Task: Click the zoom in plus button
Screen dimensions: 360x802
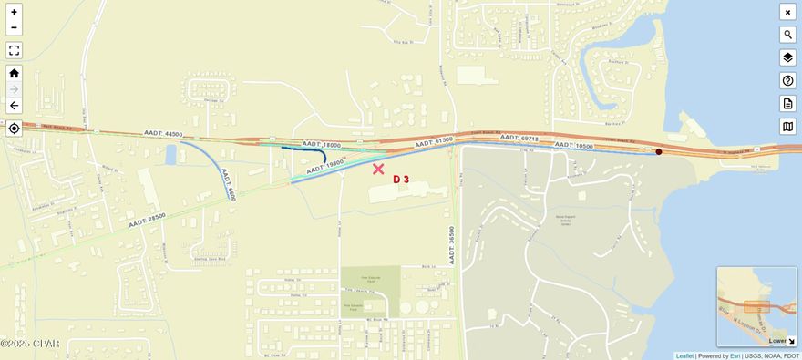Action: coord(14,12)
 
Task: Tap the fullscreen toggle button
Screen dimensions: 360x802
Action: coord(14,50)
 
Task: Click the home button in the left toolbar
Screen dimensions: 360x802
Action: coord(14,73)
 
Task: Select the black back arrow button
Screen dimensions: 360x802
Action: coord(14,106)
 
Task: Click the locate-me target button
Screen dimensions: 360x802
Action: coord(14,129)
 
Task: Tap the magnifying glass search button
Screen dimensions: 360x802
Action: coord(787,35)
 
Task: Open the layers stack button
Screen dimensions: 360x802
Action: coord(787,57)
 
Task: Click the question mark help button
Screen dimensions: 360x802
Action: coord(787,80)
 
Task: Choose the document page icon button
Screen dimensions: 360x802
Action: coord(787,103)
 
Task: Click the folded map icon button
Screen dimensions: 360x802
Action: coord(787,126)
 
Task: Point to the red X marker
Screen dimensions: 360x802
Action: coord(378,169)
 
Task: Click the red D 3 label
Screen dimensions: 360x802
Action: coord(401,180)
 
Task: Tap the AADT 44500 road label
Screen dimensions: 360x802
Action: coord(163,133)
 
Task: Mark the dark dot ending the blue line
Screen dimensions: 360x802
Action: coord(659,151)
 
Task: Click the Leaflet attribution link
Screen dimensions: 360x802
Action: coord(684,355)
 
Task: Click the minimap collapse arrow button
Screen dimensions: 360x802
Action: coord(790,341)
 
